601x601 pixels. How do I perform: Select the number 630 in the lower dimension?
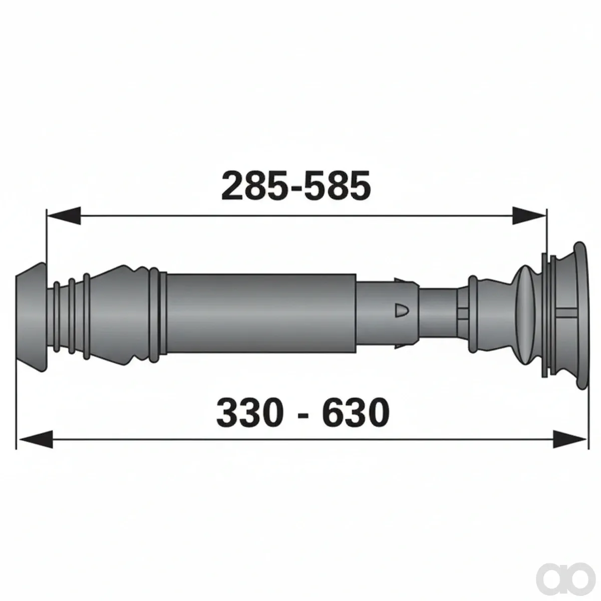(356, 411)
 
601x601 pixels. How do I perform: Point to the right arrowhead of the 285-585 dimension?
(529, 215)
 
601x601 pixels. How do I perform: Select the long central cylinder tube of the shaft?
(261, 314)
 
